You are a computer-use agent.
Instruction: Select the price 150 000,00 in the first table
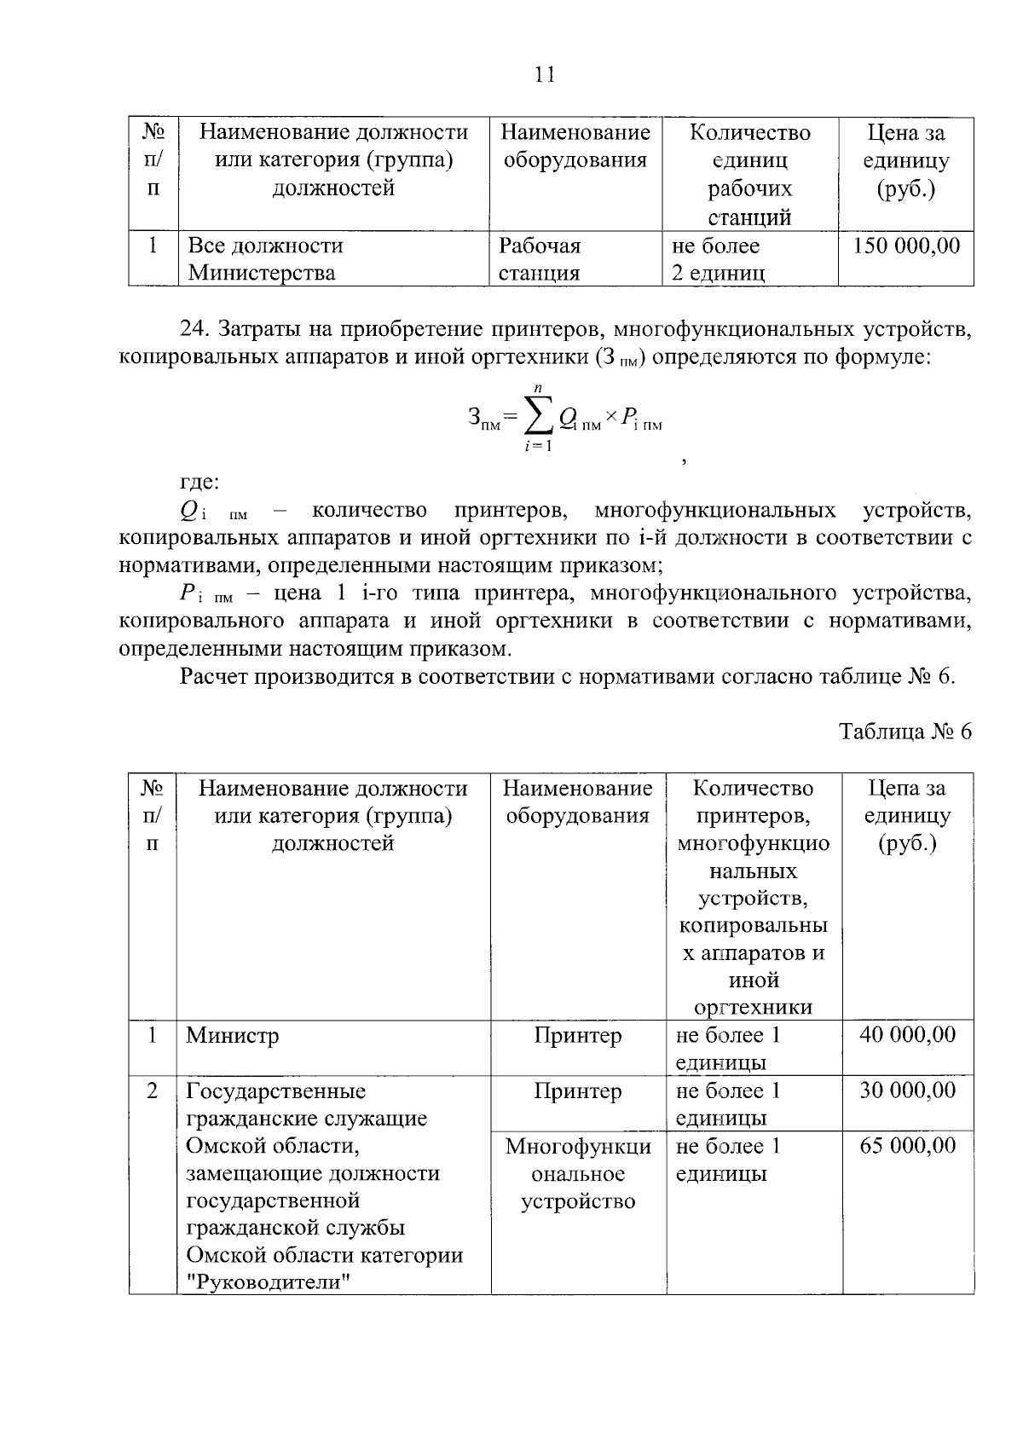(x=906, y=246)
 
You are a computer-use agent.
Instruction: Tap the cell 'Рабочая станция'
(x=539, y=259)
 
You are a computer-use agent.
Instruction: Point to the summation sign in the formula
(x=535, y=417)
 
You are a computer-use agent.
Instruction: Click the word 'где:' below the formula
(x=199, y=483)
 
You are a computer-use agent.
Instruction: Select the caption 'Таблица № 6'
(x=905, y=732)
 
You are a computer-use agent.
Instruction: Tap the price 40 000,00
(x=907, y=1034)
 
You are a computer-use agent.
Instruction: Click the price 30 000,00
(x=907, y=1090)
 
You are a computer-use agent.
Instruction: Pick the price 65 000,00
(x=907, y=1145)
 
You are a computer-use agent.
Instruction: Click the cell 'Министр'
(x=233, y=1035)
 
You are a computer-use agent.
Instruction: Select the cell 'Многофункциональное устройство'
(x=578, y=1173)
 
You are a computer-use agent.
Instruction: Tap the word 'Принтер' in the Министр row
(x=578, y=1035)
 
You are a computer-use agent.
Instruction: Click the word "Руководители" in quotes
(x=269, y=1281)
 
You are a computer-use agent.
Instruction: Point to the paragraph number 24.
(x=194, y=329)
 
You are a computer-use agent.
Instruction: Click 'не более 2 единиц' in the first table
(x=718, y=259)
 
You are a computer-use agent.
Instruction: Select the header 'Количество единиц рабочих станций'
(x=749, y=174)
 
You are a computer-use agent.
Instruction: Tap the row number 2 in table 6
(x=152, y=1090)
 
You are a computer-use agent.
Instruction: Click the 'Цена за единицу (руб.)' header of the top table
(x=906, y=160)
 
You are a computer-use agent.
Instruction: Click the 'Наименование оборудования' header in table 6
(x=578, y=801)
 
